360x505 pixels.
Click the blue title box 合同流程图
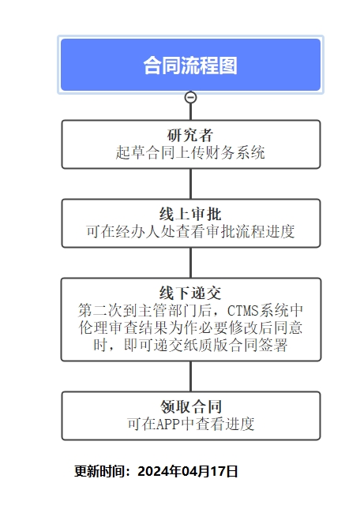(x=190, y=65)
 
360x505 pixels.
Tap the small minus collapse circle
(x=190, y=97)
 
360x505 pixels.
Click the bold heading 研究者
(x=190, y=135)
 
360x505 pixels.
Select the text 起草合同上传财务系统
(x=190, y=152)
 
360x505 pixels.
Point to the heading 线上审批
(x=190, y=214)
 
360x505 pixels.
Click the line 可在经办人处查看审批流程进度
(x=190, y=231)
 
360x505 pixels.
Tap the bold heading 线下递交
(x=190, y=293)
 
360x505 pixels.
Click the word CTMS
(x=243, y=311)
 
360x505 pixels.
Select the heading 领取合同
(x=191, y=406)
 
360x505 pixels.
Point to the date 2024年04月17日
(x=188, y=472)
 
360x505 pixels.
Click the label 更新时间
(x=99, y=472)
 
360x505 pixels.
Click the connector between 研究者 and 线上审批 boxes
(x=191, y=184)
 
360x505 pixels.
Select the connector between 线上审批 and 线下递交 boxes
(x=191, y=263)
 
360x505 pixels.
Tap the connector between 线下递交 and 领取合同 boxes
(x=191, y=376)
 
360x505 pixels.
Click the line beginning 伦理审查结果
(x=190, y=328)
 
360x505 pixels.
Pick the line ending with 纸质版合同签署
(x=190, y=346)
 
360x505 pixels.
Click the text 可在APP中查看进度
(x=191, y=425)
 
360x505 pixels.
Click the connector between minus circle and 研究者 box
(x=191, y=112)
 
